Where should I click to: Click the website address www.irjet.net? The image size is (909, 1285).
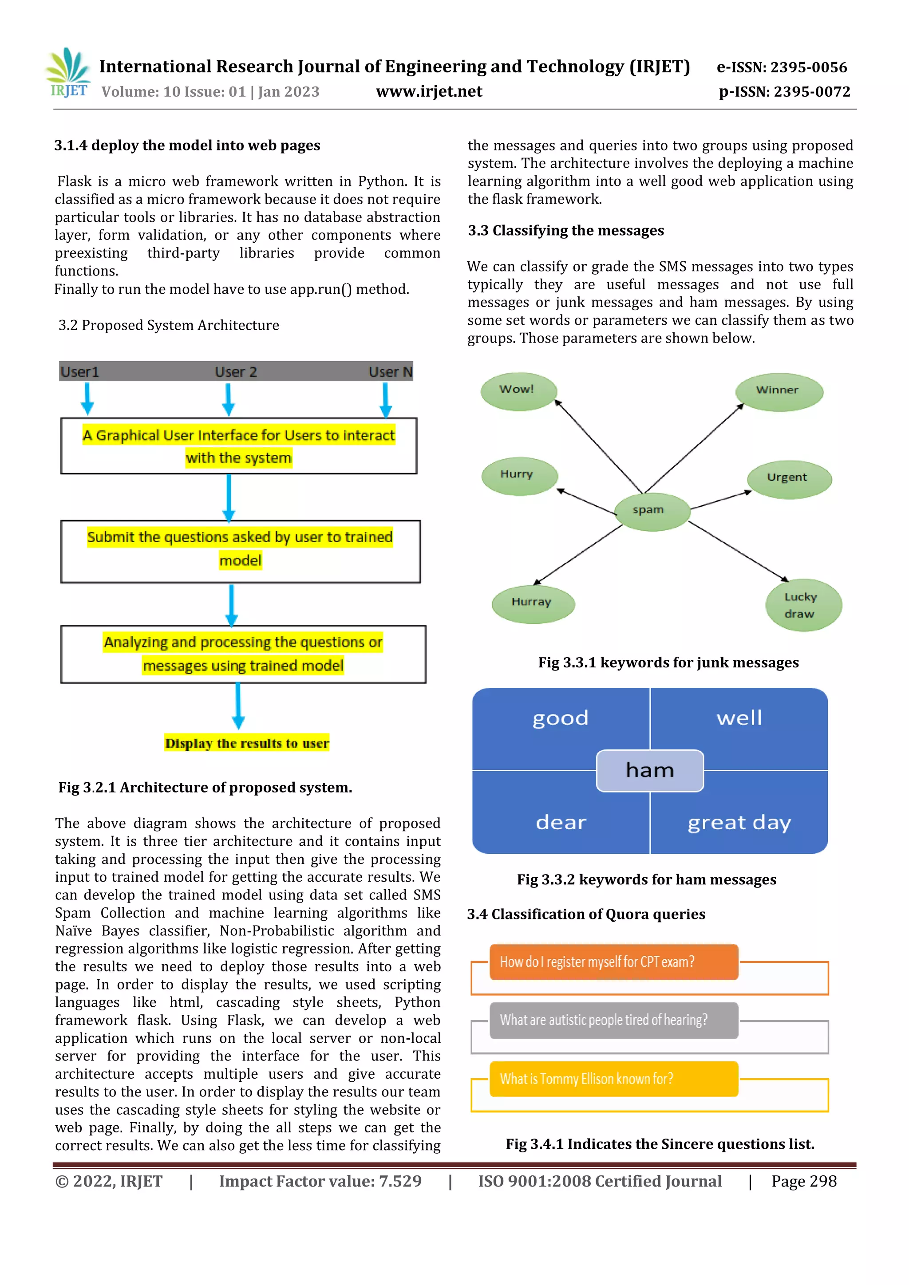429,91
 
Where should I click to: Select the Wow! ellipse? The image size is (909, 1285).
518,390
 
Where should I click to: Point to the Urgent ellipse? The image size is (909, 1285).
788,478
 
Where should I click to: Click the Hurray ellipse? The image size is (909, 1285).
532,603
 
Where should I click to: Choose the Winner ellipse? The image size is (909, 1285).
779,391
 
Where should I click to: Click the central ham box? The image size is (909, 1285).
649,771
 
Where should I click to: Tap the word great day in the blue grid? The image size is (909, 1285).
739,823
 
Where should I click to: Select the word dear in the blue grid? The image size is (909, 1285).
561,823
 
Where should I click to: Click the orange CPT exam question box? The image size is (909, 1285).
613,962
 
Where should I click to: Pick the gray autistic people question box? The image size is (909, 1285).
613,1020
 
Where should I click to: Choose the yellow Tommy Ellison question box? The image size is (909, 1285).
613,1079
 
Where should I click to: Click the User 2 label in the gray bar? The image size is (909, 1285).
236,372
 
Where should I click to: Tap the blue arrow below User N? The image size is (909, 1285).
386,400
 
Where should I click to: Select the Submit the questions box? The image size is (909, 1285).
240,551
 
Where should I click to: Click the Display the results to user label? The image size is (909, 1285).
247,743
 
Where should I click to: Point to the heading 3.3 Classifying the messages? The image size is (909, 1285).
565,231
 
